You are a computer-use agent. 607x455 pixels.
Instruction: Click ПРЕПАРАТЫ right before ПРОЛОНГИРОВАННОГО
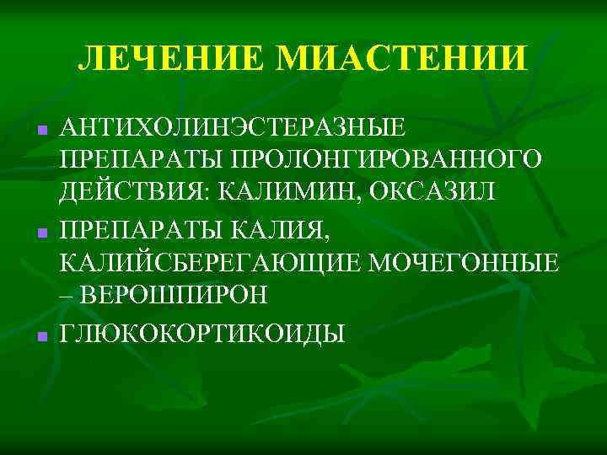click(134, 161)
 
